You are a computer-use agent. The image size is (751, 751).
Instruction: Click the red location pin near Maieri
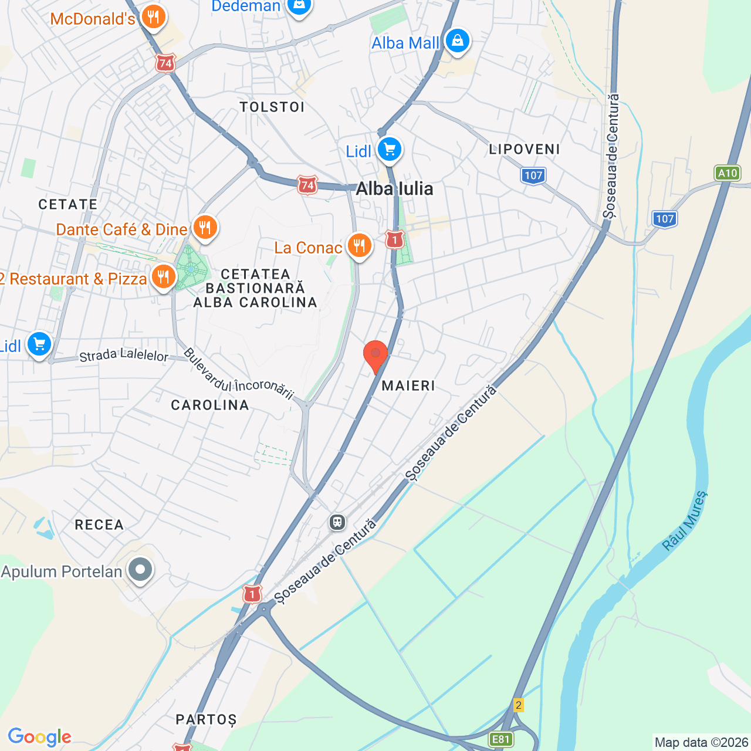(x=375, y=354)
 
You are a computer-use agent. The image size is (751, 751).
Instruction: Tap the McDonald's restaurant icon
(x=154, y=17)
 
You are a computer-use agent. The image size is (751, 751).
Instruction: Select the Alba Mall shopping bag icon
(x=456, y=41)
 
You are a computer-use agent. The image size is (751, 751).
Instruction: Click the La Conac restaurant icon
(x=359, y=246)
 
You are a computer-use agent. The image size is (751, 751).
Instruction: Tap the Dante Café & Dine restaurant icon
(x=205, y=227)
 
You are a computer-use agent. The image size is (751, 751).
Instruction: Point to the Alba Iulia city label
(x=394, y=189)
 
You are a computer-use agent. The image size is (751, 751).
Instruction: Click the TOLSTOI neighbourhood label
(x=272, y=107)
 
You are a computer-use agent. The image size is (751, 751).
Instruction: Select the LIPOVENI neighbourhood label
(x=525, y=149)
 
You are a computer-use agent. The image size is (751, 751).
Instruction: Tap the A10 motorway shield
(x=728, y=173)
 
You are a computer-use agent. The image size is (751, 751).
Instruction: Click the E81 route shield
(x=500, y=739)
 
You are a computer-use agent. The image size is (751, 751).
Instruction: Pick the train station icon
(x=337, y=522)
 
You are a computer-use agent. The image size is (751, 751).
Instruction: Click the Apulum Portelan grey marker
(x=140, y=570)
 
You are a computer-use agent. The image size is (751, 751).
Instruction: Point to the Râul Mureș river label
(x=685, y=520)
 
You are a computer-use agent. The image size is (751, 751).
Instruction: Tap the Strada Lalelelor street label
(x=124, y=355)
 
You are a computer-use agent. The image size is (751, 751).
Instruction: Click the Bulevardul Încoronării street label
(x=238, y=373)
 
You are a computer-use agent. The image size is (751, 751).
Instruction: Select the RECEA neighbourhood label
(x=99, y=525)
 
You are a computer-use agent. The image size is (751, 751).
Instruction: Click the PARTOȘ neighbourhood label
(x=206, y=719)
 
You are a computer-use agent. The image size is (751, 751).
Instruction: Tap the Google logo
(x=40, y=737)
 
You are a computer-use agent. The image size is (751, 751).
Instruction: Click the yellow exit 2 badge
(x=518, y=705)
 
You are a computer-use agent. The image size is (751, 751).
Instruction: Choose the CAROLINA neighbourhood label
(x=210, y=405)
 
